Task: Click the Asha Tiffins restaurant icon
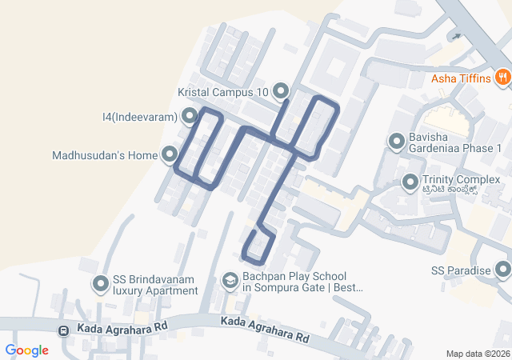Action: [502, 78]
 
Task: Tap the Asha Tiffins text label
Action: [461, 78]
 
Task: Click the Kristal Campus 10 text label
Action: [223, 92]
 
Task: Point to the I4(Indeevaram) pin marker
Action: [189, 118]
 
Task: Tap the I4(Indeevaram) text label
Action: [139, 118]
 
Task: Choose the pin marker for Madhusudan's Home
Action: [170, 154]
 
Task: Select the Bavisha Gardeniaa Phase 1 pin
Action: [396, 142]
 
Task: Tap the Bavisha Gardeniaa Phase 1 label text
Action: [454, 142]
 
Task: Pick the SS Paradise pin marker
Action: [502, 270]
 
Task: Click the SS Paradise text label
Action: [460, 270]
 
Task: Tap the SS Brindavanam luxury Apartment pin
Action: [101, 284]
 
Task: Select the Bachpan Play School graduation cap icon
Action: [230, 281]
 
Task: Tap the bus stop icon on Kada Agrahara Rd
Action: [63, 330]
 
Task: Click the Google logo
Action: [26, 350]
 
